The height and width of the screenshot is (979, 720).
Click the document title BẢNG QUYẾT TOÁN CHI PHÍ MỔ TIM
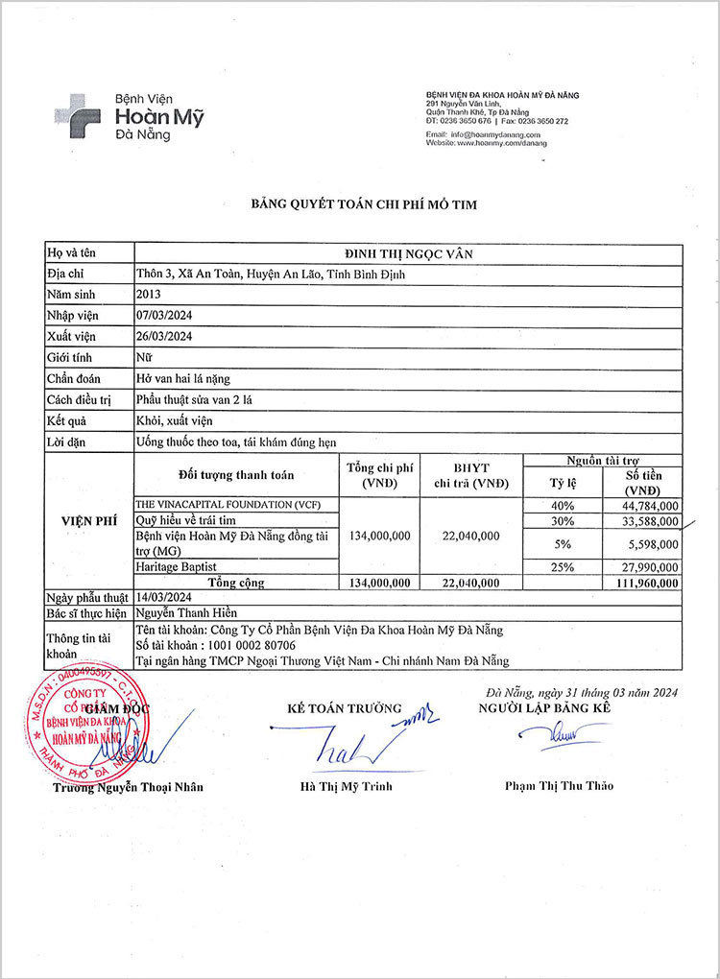tap(364, 204)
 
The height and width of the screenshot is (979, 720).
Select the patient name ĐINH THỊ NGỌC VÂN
tap(410, 253)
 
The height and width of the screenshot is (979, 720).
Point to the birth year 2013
tap(150, 295)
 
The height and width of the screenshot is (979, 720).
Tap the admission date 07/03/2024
tap(166, 316)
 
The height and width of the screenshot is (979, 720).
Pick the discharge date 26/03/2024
tap(166, 336)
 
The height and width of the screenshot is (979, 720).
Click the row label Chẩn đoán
tap(74, 378)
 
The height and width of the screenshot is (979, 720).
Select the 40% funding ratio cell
tap(562, 506)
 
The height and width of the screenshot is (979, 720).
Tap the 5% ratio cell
tap(562, 544)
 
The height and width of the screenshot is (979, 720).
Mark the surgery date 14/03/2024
tap(166, 596)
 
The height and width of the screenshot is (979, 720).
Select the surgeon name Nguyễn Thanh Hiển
tap(188, 612)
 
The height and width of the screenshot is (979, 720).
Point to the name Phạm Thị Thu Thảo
tap(559, 786)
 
